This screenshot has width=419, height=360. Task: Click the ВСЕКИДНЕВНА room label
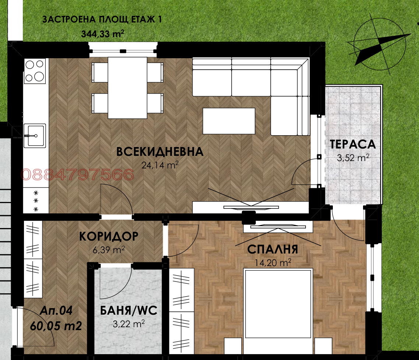pos(160,152)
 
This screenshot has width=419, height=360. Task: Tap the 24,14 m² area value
pos(160,165)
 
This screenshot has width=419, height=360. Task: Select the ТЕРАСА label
pos(352,144)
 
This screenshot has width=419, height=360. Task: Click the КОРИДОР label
pos(109,236)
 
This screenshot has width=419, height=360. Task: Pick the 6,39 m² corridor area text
pos(109,250)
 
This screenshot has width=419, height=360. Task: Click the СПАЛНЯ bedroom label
pos(272,249)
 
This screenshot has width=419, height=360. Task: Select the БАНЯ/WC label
pos(129,311)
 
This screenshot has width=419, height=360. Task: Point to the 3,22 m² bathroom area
pos(128,324)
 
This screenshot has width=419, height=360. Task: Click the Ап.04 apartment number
pos(57,311)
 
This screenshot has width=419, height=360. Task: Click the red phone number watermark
pos(78,175)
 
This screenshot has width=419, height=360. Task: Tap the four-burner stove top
pos(35,71)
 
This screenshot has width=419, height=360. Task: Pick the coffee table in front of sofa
pos(229,121)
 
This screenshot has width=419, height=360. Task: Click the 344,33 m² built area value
pos(102,34)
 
